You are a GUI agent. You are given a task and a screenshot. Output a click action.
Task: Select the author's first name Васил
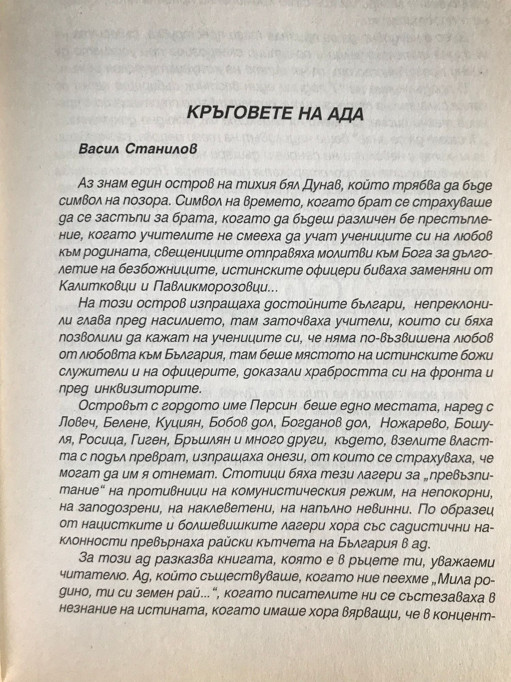tap(98, 149)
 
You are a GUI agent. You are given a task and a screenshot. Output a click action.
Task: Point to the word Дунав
tap(360, 184)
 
